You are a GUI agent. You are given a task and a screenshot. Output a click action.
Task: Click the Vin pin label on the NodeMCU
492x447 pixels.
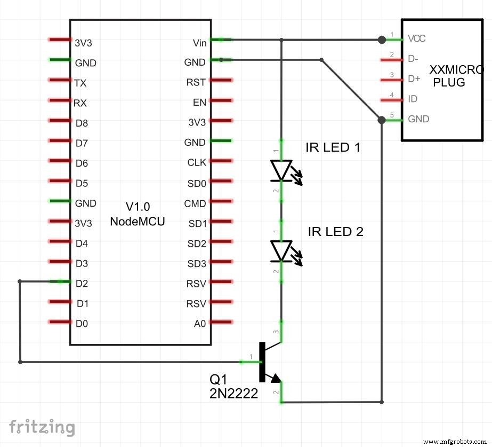[x=200, y=42]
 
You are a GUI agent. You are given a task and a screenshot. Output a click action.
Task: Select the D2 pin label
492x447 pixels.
[x=82, y=284]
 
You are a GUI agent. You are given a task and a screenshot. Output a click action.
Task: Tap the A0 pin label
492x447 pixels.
[x=199, y=324]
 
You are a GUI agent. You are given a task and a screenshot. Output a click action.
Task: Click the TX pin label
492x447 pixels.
[x=80, y=83]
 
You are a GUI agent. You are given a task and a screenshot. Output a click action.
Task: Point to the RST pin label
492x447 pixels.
[x=196, y=82]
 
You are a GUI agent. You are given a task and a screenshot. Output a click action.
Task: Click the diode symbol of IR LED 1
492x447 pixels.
[x=281, y=171]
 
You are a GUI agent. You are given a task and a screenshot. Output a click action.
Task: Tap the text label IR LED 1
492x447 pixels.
[x=333, y=147]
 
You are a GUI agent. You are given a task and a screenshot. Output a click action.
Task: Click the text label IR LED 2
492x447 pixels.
[x=335, y=232]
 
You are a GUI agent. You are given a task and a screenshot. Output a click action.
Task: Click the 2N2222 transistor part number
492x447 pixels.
[x=234, y=394]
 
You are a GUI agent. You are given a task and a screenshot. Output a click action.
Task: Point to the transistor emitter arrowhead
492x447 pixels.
[x=276, y=379]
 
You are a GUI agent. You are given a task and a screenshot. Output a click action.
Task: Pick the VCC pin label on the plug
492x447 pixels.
[x=417, y=39]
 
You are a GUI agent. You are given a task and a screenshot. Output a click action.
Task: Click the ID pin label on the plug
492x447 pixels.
[x=413, y=99]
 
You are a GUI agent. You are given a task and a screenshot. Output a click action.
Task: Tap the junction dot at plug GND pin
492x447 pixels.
[x=381, y=120]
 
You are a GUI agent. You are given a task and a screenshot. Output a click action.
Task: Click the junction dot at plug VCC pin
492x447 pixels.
[x=381, y=40]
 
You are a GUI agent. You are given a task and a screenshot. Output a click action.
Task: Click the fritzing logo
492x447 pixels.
[x=42, y=427]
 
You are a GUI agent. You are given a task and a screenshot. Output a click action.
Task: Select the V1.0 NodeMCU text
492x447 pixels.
[x=137, y=214]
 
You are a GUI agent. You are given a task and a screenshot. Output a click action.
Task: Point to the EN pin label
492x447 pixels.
[x=199, y=103]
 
